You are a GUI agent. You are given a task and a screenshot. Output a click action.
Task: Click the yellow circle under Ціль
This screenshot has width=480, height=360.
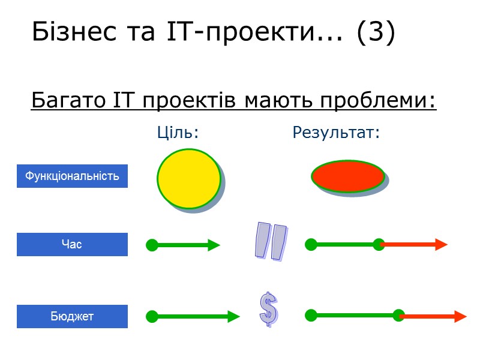(x=189, y=178)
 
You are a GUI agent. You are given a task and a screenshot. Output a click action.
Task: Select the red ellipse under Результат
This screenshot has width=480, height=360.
(x=348, y=176)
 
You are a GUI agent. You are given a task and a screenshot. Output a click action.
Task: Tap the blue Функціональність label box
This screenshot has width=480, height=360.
(x=72, y=176)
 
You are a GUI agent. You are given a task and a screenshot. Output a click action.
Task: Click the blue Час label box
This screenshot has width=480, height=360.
(x=72, y=245)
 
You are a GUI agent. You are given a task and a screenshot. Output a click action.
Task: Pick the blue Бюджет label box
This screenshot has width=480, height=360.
(x=72, y=316)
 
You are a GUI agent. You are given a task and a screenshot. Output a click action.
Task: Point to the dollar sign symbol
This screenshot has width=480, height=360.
(x=268, y=310)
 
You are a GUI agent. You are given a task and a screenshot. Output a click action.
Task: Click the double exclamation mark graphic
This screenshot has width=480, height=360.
(x=271, y=241)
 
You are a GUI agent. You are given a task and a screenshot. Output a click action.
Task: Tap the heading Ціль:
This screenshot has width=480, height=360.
(x=178, y=133)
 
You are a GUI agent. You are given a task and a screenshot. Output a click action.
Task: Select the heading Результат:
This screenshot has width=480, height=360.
(x=336, y=133)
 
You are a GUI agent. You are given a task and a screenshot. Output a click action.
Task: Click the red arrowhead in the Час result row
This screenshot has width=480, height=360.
(x=441, y=244)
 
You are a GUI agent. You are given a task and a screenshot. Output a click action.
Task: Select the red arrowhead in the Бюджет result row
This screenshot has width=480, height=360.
(x=460, y=317)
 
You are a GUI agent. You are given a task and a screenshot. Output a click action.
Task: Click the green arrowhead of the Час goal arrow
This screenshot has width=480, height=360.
(x=214, y=245)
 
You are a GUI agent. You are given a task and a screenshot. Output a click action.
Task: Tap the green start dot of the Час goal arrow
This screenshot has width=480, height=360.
(x=152, y=245)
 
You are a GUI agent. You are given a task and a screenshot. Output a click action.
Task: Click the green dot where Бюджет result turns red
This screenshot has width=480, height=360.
(x=398, y=316)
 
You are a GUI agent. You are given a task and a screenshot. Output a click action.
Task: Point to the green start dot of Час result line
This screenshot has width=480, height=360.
(x=311, y=244)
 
